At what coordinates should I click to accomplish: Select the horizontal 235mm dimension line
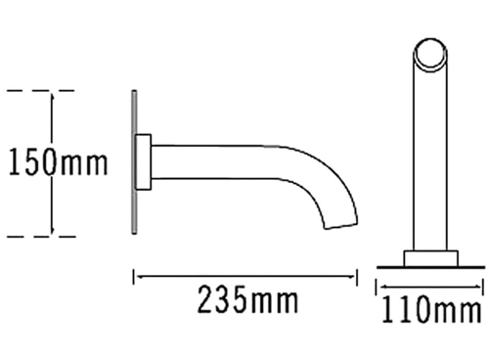[245, 277]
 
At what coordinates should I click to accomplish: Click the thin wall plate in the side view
[132, 162]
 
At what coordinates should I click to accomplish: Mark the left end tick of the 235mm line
[134, 277]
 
